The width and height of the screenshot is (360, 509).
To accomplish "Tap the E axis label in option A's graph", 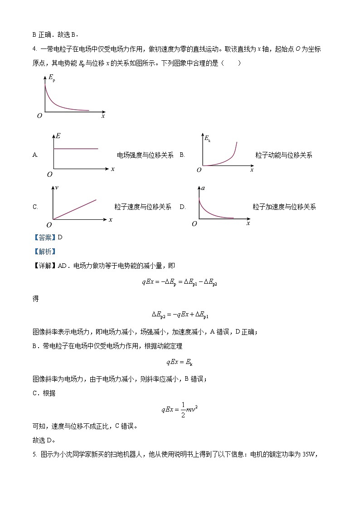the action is pyautogui.click(x=58, y=136).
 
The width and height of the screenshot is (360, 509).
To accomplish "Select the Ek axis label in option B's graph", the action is pyautogui.click(x=207, y=139).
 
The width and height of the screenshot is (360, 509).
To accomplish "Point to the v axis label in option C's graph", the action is pyautogui.click(x=57, y=187).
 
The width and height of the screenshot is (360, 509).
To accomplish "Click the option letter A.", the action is pyautogui.click(x=35, y=155).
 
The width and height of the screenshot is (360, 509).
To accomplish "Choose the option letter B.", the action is pyautogui.click(x=182, y=155).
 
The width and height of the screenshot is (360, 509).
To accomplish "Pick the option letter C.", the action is pyautogui.click(x=35, y=207).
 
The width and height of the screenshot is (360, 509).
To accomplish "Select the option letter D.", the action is pyautogui.click(x=182, y=207).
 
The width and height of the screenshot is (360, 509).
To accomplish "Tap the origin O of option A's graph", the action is pyautogui.click(x=49, y=174).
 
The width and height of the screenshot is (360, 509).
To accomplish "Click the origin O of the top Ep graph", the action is pyautogui.click(x=39, y=116).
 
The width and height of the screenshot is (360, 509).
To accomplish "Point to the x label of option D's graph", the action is pyautogui.click(x=248, y=223).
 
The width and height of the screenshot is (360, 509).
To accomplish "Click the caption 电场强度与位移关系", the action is pyautogui.click(x=145, y=155).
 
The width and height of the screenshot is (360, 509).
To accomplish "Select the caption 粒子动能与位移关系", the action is pyautogui.click(x=283, y=155).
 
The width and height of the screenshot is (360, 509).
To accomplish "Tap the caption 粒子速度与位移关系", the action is pyautogui.click(x=143, y=207).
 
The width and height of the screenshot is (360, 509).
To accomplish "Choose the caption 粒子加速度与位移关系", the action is pyautogui.click(x=284, y=207).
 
